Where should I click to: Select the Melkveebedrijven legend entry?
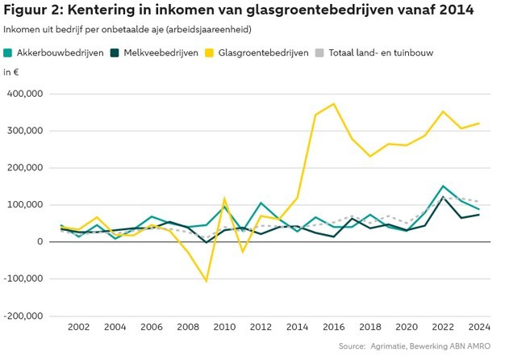158,53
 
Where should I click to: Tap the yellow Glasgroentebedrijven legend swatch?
211,53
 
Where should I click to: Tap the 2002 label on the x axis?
78,328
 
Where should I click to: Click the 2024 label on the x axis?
479,328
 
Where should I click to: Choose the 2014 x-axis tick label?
297,328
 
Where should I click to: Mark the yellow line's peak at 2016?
333,104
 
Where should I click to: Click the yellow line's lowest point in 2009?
206,281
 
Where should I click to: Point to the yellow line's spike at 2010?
224,199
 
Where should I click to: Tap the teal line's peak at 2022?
443,186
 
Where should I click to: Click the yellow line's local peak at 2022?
443,112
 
